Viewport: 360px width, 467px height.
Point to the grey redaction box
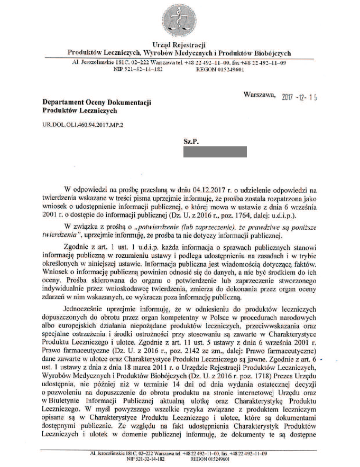(x=215, y=153)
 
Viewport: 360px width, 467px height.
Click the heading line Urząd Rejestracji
(x=179, y=44)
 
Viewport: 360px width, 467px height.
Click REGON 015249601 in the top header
(x=219, y=69)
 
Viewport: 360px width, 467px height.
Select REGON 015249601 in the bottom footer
(x=219, y=459)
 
